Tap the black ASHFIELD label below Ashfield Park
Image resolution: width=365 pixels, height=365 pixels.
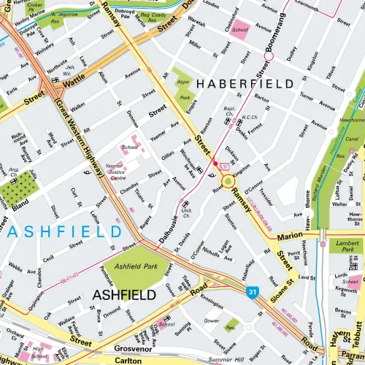124,295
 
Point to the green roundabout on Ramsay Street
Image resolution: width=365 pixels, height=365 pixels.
228,180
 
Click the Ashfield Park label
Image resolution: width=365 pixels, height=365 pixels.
135,267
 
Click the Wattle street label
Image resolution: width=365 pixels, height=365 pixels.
74,85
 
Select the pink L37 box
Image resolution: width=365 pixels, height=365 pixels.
226,168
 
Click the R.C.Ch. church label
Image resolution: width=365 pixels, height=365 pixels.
250,117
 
